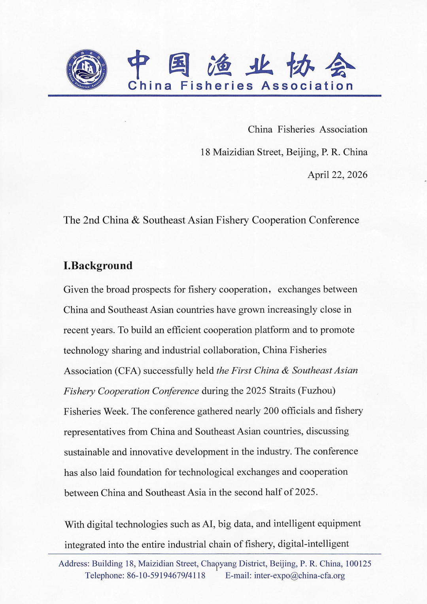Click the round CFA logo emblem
(87, 70)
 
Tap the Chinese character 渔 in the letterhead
(219, 64)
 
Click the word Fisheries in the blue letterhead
(217, 86)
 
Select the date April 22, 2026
(337, 175)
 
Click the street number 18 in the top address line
(205, 152)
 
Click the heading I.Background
(98, 265)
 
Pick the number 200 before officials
(271, 411)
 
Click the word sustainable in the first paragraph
(87, 452)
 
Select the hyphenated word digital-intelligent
(313, 544)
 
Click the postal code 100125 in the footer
(358, 564)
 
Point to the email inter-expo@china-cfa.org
(299, 576)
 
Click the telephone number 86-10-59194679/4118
(166, 576)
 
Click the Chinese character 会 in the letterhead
(340, 64)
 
